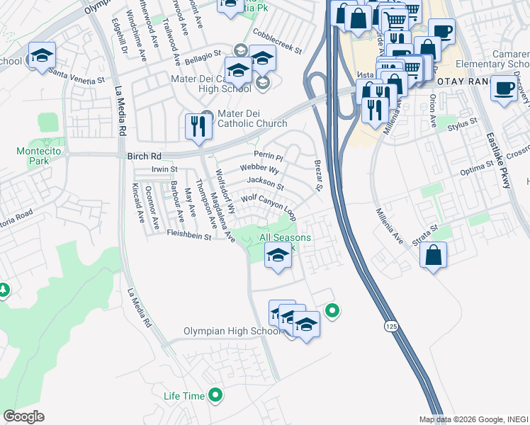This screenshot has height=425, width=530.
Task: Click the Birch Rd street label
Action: coord(145,156)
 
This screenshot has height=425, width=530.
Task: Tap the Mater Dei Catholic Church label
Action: coord(247,120)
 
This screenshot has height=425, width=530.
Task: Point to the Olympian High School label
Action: coord(232,331)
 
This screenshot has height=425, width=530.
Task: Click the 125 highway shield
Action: coord(390,326)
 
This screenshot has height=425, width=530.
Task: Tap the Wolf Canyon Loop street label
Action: coord(269,204)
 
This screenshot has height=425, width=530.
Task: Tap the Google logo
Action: coord(23,416)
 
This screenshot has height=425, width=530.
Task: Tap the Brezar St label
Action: coord(317,175)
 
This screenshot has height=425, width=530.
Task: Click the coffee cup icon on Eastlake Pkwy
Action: coord(504,89)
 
